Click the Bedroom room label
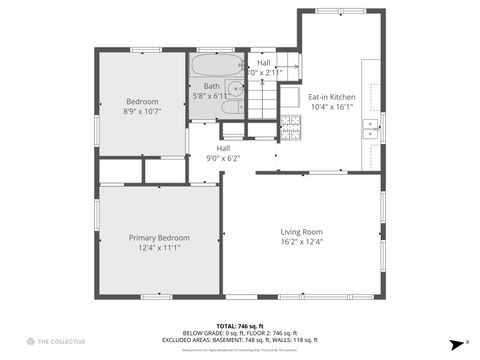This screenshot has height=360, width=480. (141, 101)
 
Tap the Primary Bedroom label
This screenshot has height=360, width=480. (159, 237)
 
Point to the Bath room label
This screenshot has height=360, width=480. (212, 86)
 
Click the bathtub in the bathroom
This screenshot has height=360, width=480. (217, 67)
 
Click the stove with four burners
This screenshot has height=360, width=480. (291, 126)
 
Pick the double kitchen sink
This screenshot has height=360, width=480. (370, 127)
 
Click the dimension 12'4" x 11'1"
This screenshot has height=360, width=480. (159, 248)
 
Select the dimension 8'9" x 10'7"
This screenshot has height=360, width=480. (141, 112)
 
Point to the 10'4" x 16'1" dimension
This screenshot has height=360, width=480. (332, 106)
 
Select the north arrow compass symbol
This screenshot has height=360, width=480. (456, 340)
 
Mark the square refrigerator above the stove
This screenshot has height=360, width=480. (290, 97)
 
